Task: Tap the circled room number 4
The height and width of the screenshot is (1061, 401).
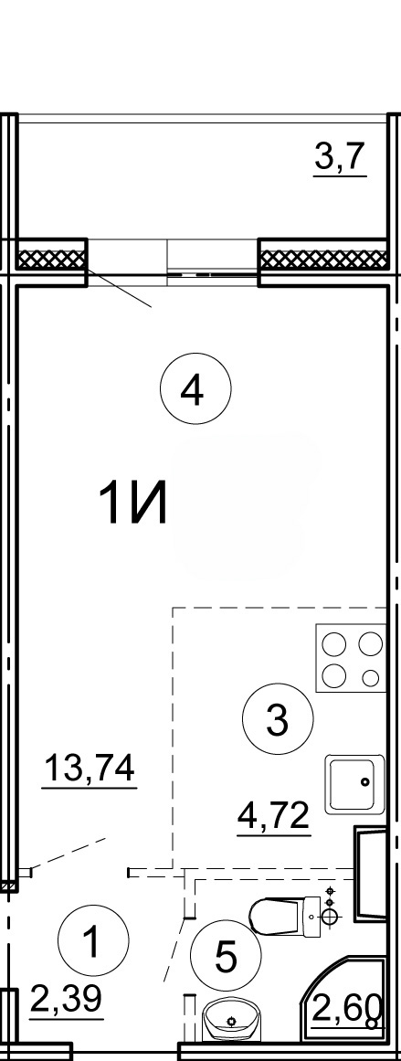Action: click(x=195, y=389)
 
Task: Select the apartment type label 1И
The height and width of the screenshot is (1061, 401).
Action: click(x=132, y=504)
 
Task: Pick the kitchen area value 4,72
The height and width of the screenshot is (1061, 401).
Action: click(x=273, y=817)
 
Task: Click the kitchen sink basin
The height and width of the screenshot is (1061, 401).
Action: click(x=354, y=784)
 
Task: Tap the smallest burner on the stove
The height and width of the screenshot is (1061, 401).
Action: click(x=371, y=676)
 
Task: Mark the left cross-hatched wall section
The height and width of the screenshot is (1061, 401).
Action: click(x=52, y=259)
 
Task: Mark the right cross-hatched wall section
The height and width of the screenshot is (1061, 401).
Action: click(x=324, y=259)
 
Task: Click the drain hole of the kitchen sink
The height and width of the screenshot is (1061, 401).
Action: click(x=365, y=783)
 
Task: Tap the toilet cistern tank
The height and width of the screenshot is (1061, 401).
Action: click(x=312, y=916)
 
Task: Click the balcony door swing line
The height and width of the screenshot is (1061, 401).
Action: click(x=119, y=289)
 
